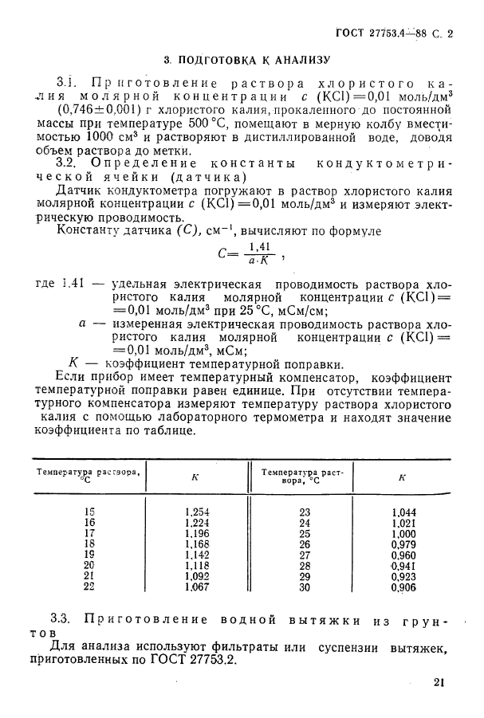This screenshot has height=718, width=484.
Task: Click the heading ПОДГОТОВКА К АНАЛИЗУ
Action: (253, 59)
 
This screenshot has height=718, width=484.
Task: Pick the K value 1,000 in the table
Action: (404, 533)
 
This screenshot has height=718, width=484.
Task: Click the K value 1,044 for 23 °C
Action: (404, 512)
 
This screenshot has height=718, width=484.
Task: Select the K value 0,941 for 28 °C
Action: (404, 566)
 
